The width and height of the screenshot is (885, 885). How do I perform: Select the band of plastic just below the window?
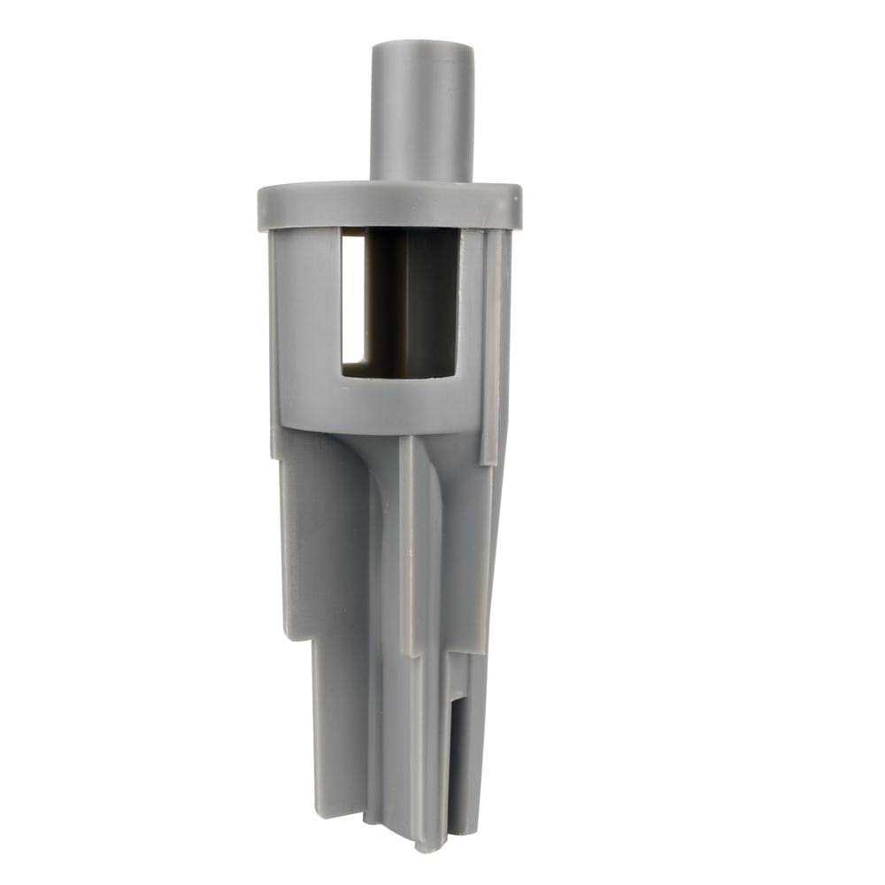pos(398,403)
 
